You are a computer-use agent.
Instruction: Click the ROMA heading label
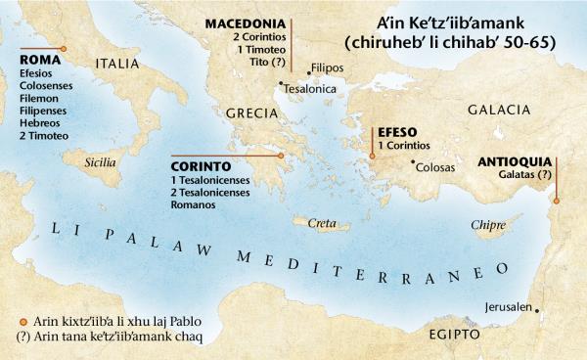(39, 59)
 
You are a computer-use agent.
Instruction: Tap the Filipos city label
(326, 69)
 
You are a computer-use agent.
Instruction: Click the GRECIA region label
(253, 114)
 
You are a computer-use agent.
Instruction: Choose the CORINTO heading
(201, 166)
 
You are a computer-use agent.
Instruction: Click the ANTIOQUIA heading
(518, 160)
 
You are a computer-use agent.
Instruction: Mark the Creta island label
(322, 224)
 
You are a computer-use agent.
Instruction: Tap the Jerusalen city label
(507, 307)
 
